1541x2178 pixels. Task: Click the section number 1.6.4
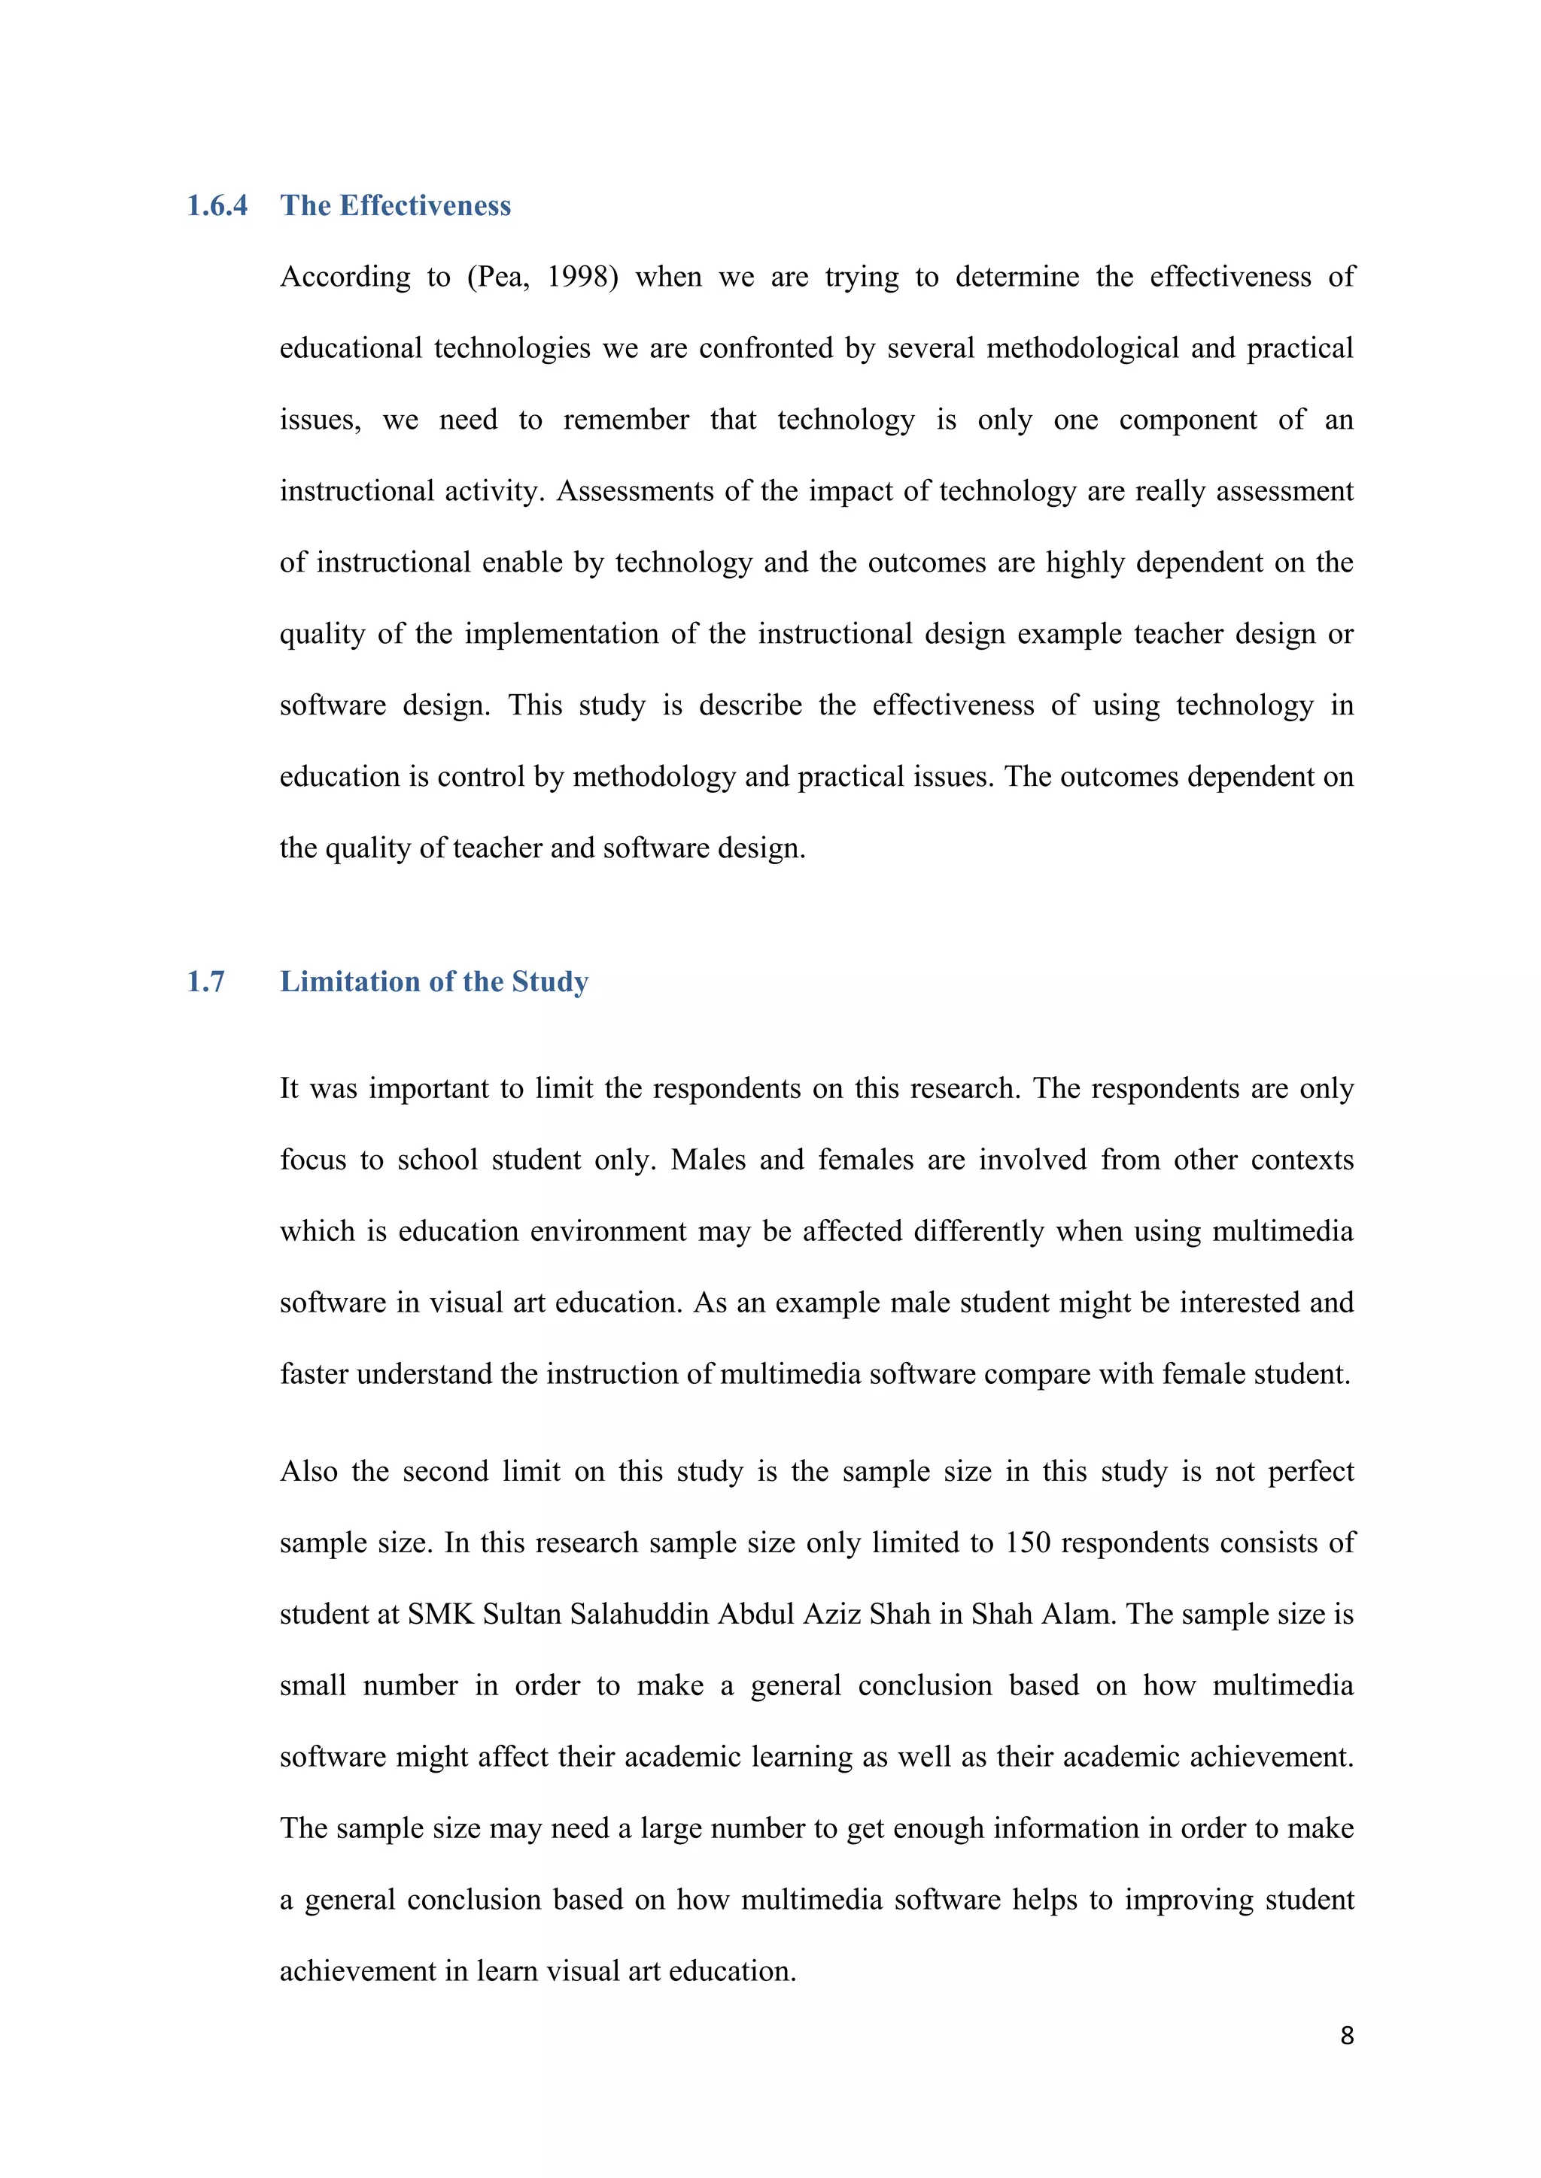pyautogui.click(x=217, y=206)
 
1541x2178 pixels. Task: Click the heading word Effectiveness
pyautogui.click(x=425, y=206)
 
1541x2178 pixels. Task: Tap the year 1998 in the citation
pyautogui.click(x=582, y=277)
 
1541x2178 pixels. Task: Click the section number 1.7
pyautogui.click(x=206, y=981)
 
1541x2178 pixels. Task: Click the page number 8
pyautogui.click(x=1346, y=2036)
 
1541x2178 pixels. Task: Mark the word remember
pyautogui.click(x=625, y=420)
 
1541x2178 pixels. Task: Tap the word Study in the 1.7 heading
pyautogui.click(x=549, y=981)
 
